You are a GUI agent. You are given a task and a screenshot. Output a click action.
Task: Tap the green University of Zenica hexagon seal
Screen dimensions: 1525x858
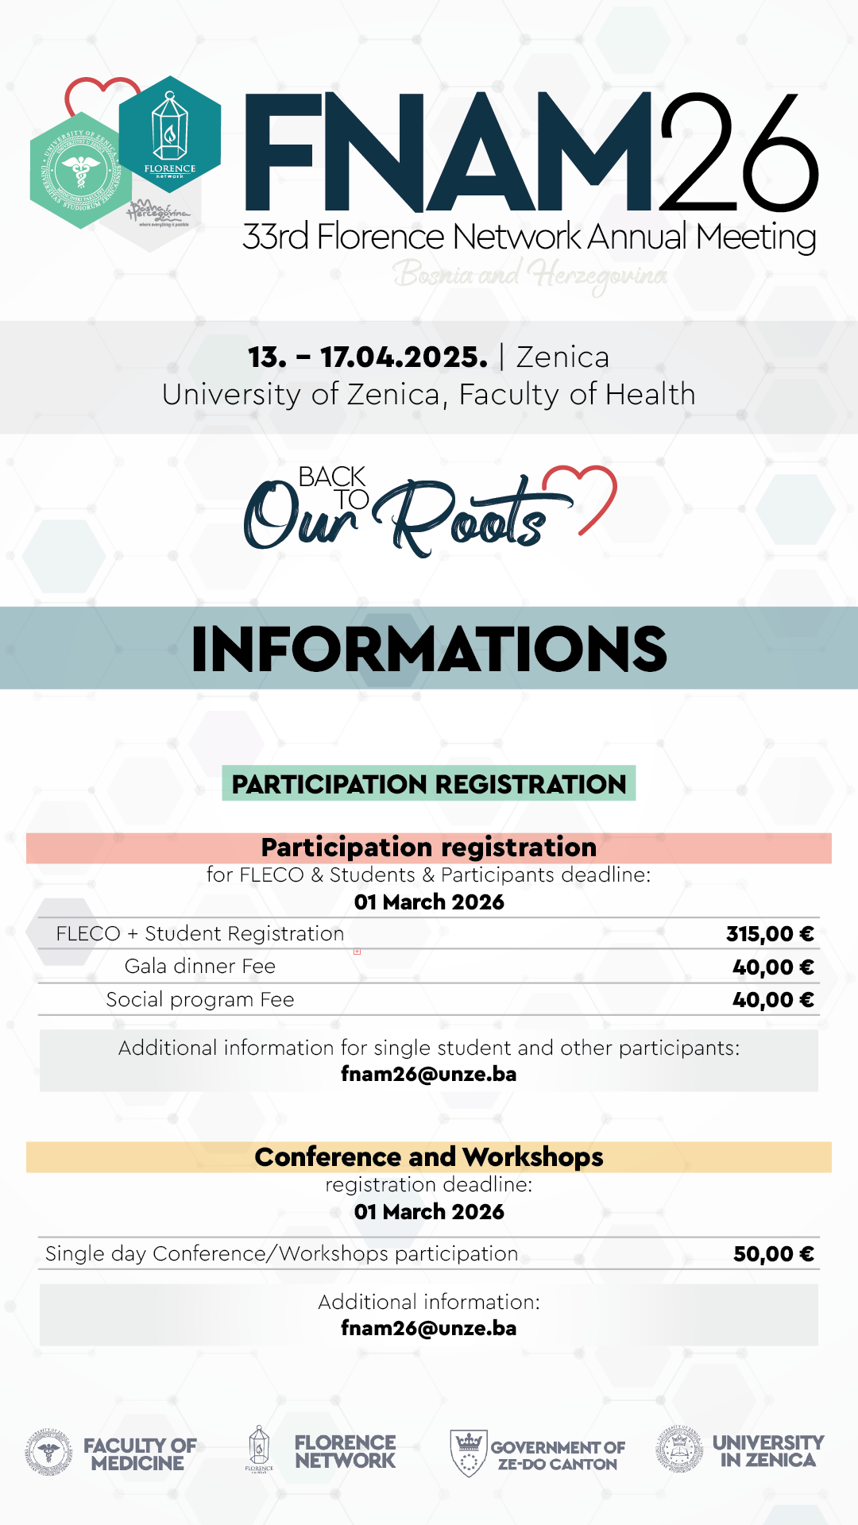(x=79, y=170)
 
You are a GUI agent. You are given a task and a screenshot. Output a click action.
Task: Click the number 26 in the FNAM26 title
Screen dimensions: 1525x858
(x=737, y=152)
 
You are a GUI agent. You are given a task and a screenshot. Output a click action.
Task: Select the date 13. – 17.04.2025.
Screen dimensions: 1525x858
(x=368, y=357)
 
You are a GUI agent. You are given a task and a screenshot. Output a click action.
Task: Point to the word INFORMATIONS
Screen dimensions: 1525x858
(x=429, y=649)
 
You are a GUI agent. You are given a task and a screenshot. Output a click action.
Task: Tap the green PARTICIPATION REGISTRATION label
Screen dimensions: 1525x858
(x=429, y=784)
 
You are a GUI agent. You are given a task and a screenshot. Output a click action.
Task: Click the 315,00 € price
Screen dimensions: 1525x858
(x=769, y=934)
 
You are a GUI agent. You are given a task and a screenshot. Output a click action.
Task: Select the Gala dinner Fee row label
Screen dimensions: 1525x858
(x=200, y=967)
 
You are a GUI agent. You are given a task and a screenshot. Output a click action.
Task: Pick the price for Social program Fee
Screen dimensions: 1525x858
(x=772, y=1000)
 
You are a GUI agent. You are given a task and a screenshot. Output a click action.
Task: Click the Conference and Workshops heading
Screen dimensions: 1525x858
(x=429, y=1157)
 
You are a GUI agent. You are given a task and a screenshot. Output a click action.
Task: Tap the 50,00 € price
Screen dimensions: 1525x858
(x=773, y=1254)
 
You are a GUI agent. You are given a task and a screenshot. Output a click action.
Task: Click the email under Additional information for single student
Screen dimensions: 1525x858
(x=429, y=1075)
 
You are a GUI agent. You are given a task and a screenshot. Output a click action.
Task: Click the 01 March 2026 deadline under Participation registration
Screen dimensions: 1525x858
(x=429, y=902)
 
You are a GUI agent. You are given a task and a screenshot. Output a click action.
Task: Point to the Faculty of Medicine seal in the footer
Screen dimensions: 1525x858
(x=48, y=1453)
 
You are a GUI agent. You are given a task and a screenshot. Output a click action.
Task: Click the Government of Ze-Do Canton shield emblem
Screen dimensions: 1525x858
(x=469, y=1453)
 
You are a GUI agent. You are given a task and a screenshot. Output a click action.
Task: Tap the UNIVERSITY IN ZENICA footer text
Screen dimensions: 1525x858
(x=768, y=1451)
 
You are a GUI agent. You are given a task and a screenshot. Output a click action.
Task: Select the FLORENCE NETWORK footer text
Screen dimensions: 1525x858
(x=345, y=1452)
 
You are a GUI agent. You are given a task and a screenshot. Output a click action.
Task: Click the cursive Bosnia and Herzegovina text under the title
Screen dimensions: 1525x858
(x=530, y=275)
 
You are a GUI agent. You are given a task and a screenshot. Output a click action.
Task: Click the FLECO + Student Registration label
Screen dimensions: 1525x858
(x=200, y=934)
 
